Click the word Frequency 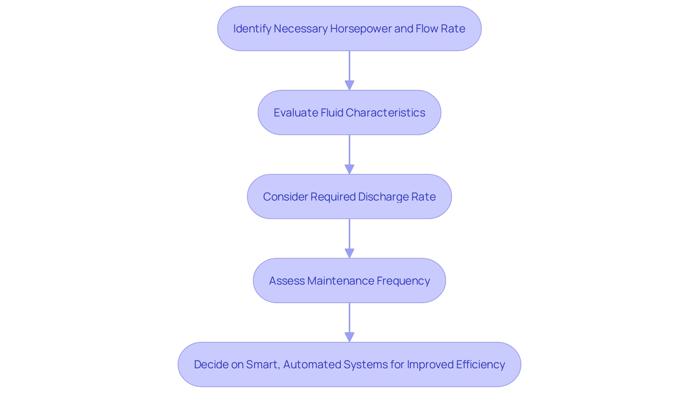(403, 281)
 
